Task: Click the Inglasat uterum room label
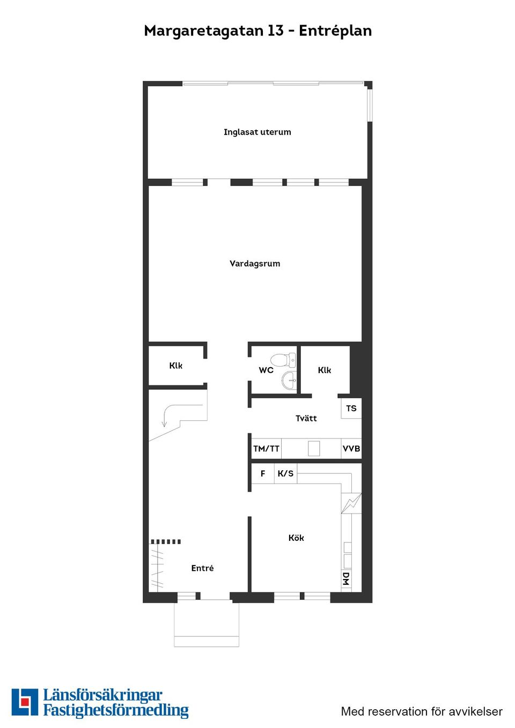(x=257, y=132)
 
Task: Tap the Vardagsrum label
(x=255, y=263)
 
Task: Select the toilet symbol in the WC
(x=282, y=359)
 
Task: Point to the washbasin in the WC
(x=289, y=381)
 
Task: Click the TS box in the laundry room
(x=351, y=408)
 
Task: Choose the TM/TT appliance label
(x=266, y=449)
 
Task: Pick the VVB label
(x=351, y=449)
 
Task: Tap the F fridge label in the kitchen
(x=263, y=473)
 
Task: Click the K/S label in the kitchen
(x=285, y=473)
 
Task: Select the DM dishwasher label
(x=346, y=579)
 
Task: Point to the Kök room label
(x=296, y=538)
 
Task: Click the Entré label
(x=202, y=568)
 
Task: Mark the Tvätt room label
(x=306, y=418)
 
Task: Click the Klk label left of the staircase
(x=176, y=366)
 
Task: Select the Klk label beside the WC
(x=325, y=370)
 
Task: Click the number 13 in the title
(x=275, y=31)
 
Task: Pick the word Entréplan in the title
(x=335, y=31)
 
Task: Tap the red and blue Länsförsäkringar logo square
(x=25, y=702)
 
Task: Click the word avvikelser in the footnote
(x=476, y=711)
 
